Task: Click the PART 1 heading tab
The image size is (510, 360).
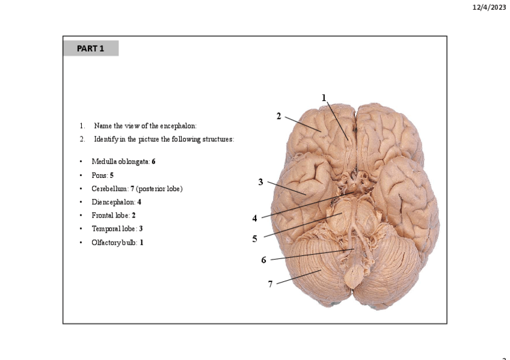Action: (x=90, y=48)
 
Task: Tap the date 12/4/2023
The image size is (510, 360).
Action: (x=489, y=7)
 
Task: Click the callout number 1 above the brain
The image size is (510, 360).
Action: (x=324, y=97)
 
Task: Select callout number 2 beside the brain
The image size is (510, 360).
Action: (x=278, y=116)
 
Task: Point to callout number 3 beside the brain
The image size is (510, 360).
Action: (x=260, y=182)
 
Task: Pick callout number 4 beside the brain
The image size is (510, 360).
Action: (x=254, y=218)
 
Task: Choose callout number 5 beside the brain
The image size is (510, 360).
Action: (x=254, y=239)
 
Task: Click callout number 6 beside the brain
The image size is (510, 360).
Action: (x=263, y=260)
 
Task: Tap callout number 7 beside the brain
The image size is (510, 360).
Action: (x=270, y=284)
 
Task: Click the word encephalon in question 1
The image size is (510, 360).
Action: (x=178, y=126)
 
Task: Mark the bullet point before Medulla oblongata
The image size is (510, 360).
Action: (x=81, y=162)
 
